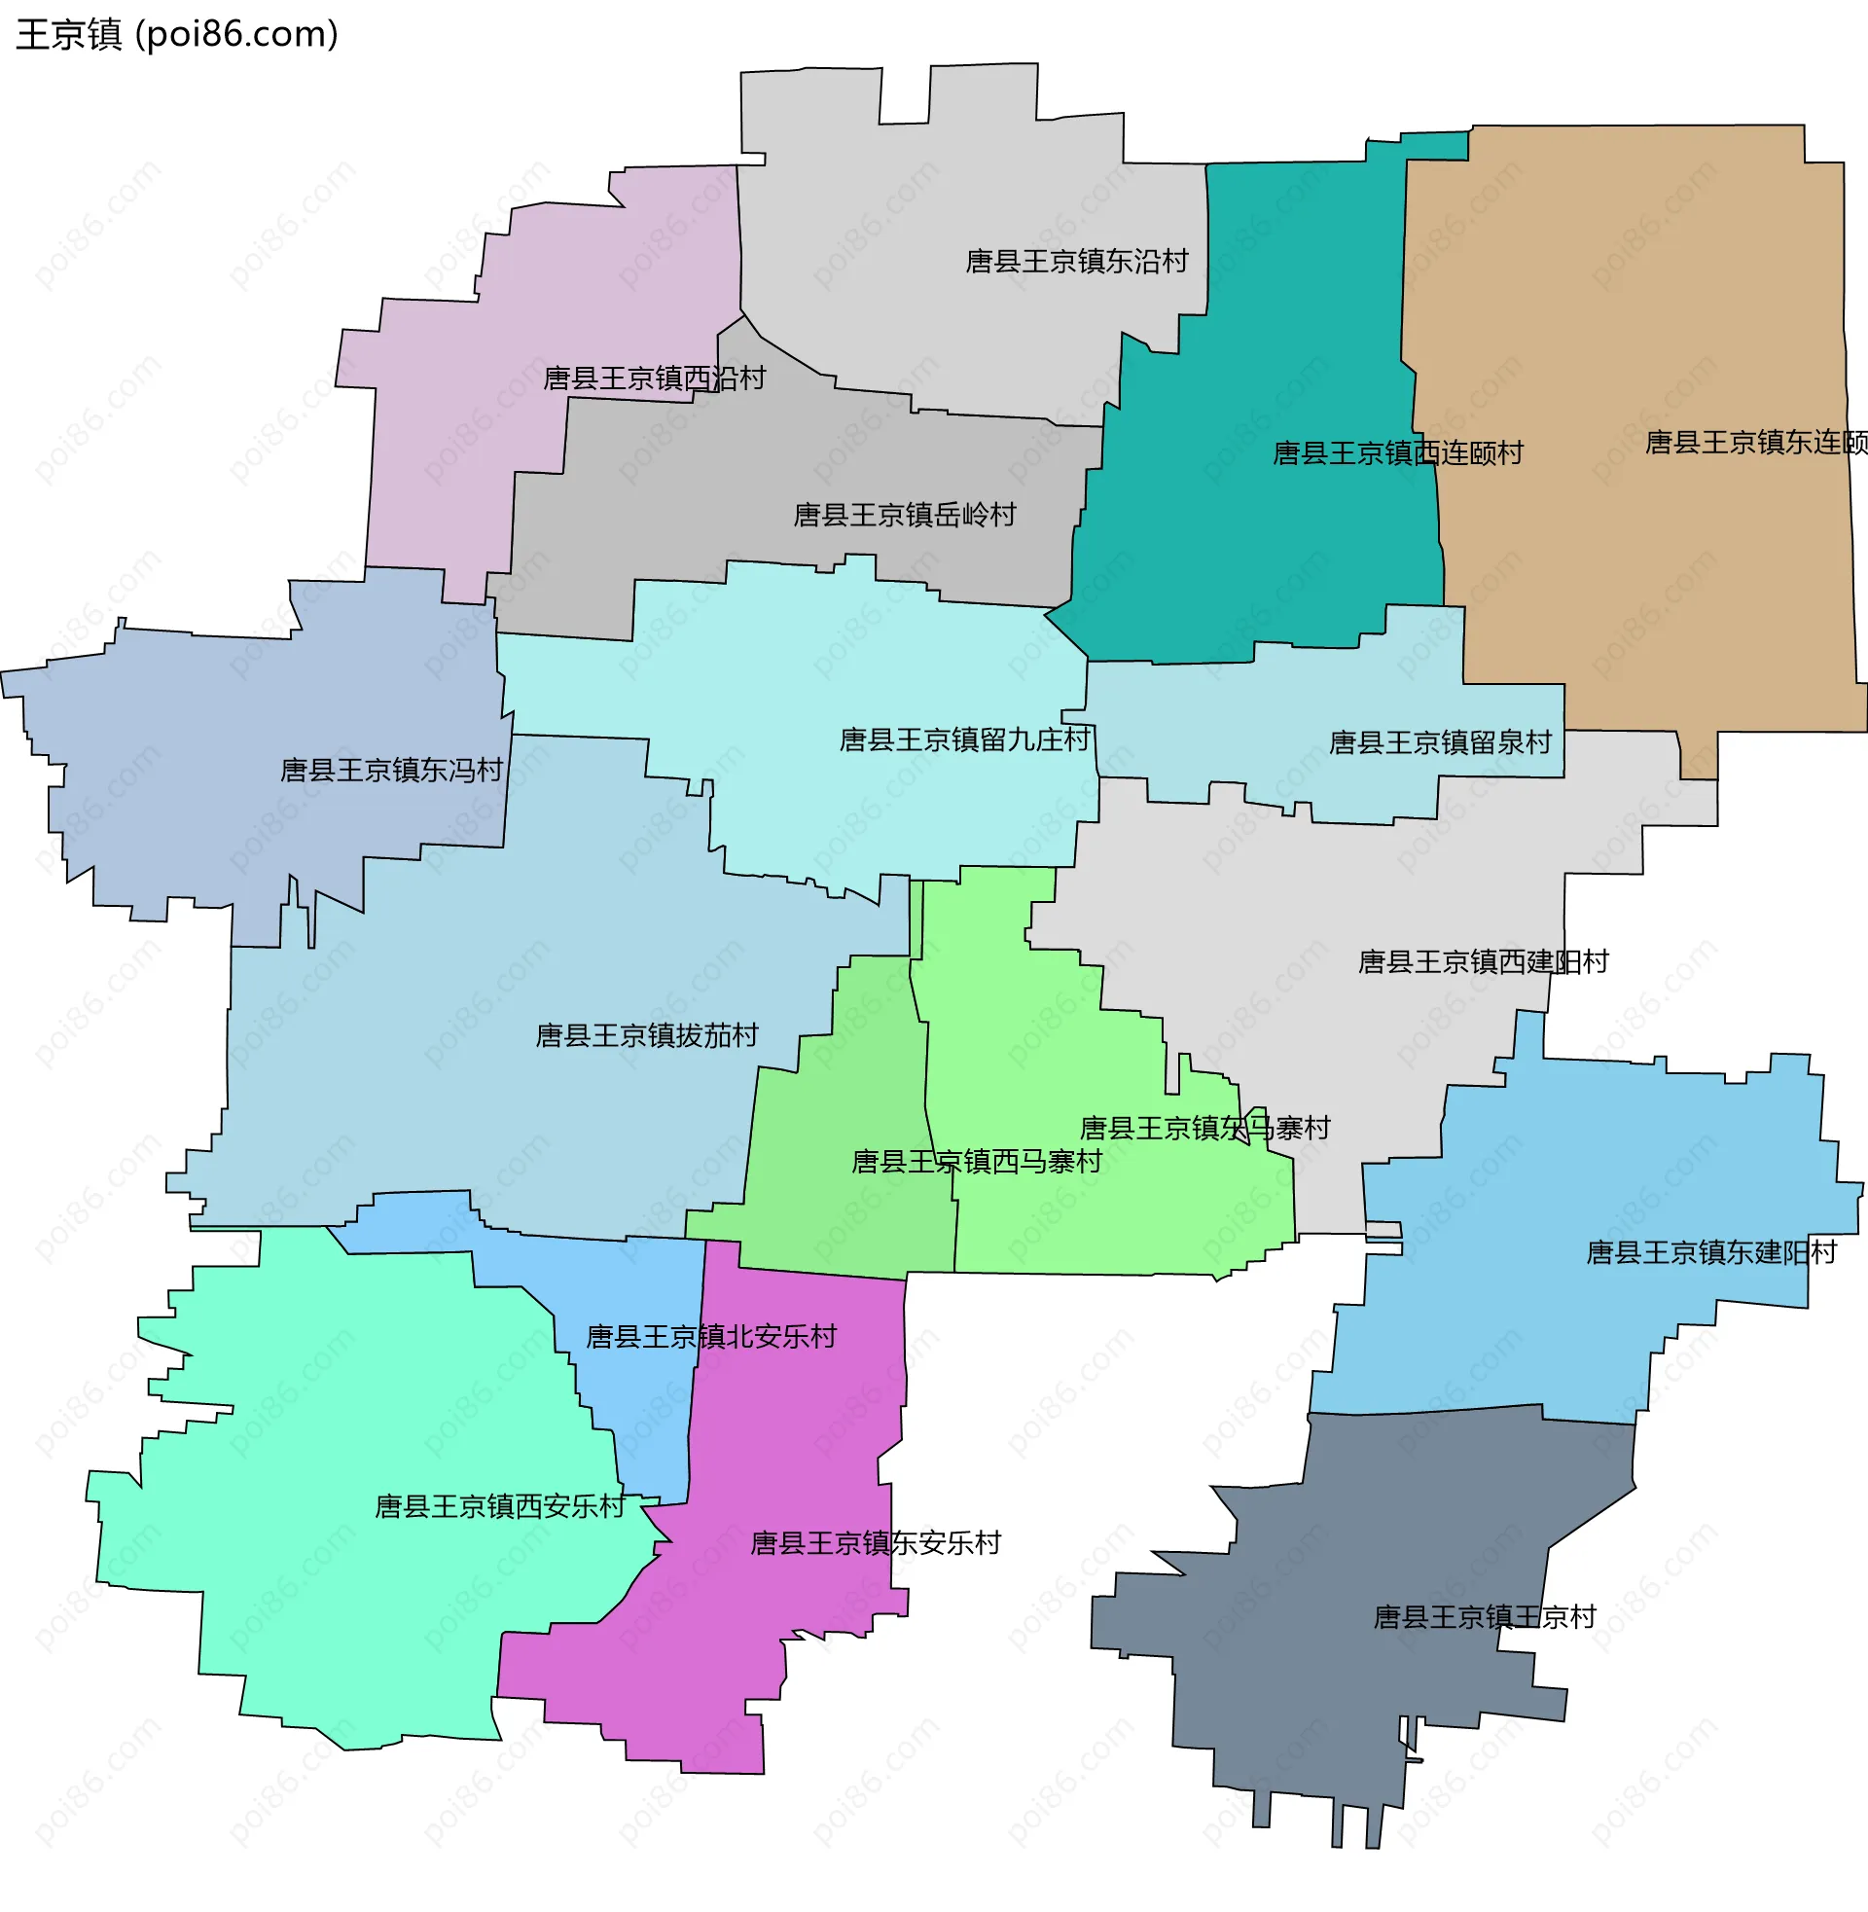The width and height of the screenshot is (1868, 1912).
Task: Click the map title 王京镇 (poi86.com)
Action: [x=177, y=34]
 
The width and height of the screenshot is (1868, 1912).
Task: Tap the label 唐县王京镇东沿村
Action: [x=1076, y=261]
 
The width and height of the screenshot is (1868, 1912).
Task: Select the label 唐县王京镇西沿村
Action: [x=655, y=379]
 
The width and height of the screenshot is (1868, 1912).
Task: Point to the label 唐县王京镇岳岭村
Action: [x=905, y=515]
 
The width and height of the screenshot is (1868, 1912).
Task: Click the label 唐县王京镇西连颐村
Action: [x=1397, y=453]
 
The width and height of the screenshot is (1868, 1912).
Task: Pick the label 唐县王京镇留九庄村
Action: [x=965, y=740]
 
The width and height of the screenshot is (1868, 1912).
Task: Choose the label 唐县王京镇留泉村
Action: [x=1440, y=742]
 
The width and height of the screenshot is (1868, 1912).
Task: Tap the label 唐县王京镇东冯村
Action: [x=391, y=770]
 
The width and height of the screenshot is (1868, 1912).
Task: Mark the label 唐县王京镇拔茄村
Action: [x=647, y=1036]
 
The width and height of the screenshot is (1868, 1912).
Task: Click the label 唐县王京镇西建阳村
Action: [x=1484, y=961]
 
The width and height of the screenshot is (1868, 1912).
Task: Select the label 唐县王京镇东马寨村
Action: [x=1204, y=1128]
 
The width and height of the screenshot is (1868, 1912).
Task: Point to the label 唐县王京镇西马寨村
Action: [x=977, y=1162]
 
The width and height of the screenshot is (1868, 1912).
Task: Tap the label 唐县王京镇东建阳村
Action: [x=1711, y=1252]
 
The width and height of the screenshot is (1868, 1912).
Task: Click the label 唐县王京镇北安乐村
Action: [x=711, y=1337]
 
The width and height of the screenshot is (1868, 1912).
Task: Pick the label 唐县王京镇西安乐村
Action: [x=500, y=1507]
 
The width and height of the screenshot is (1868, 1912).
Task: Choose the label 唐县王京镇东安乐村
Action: [x=875, y=1544]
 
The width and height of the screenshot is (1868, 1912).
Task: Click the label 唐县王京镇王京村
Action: [x=1485, y=1618]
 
